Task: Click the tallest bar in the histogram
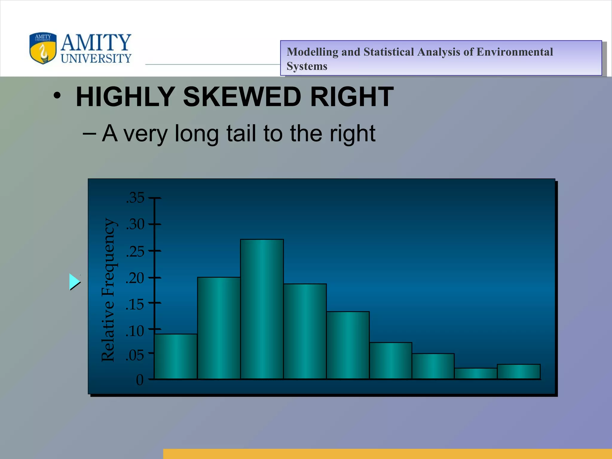(262, 309)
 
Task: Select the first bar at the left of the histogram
(176, 356)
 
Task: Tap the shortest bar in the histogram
(476, 374)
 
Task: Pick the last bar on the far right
(519, 371)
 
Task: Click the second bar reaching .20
(219, 328)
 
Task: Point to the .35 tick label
(135, 198)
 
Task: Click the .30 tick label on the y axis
(135, 224)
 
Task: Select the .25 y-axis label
(135, 252)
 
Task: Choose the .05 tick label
(135, 356)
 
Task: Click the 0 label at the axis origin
(140, 380)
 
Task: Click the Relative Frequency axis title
(108, 290)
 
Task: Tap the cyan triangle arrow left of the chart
(74, 282)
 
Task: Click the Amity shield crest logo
(43, 48)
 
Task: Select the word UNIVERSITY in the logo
(96, 58)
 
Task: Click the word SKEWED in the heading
(242, 97)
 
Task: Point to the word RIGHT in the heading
(352, 97)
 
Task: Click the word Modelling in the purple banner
(312, 52)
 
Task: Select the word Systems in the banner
(307, 66)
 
